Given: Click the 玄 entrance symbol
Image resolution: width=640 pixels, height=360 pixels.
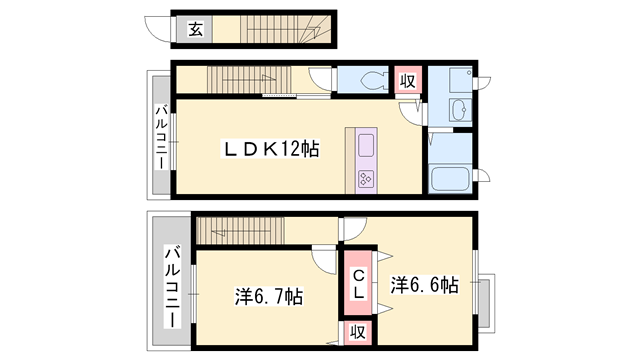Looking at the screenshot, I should [x=194, y=30].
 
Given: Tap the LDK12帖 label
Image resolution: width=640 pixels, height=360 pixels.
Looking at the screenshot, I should [x=270, y=149].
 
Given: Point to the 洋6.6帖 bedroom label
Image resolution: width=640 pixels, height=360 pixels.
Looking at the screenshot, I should [x=424, y=284].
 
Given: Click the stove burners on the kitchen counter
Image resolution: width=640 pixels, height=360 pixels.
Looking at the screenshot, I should [x=365, y=179].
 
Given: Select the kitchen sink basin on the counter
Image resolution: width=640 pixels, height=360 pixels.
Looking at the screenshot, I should [x=365, y=145].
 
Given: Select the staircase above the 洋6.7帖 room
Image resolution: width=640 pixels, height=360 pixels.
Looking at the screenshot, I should [x=238, y=231].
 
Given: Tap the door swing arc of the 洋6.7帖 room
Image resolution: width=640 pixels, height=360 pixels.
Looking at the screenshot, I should [x=324, y=257].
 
